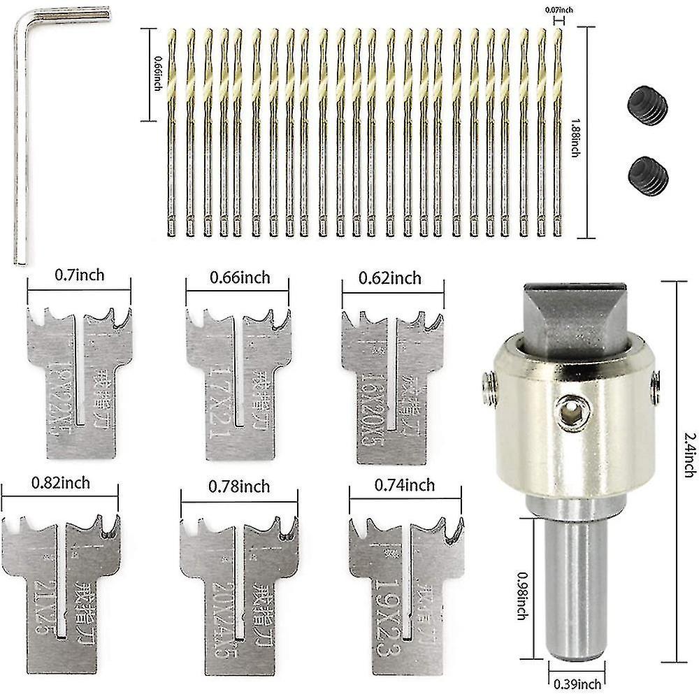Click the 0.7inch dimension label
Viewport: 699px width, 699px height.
(x=79, y=275)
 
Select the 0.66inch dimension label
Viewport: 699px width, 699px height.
(x=240, y=278)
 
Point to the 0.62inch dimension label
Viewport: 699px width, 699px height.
(x=391, y=278)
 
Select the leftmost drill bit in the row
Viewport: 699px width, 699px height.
(x=172, y=133)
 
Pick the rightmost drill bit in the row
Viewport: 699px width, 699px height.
(x=557, y=133)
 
